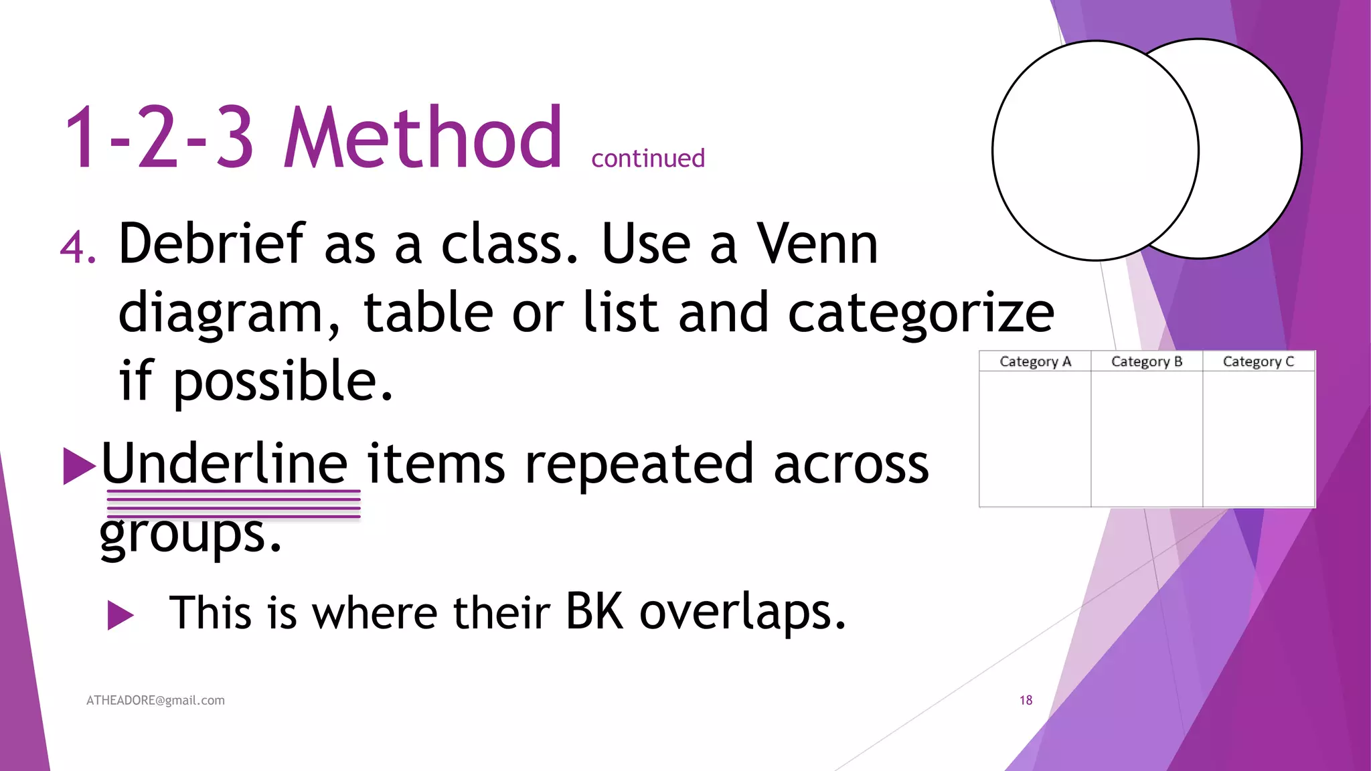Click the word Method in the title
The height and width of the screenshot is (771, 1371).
click(x=422, y=139)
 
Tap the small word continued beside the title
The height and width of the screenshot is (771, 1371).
click(x=647, y=159)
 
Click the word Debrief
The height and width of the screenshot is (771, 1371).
click(x=212, y=244)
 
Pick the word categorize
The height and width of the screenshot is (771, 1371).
click(x=920, y=313)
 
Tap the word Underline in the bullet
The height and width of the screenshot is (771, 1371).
click(x=224, y=464)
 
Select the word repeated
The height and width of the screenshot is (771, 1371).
click(x=639, y=464)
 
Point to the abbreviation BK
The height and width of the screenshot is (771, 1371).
click(x=594, y=612)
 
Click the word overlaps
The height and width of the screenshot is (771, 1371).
click(x=742, y=613)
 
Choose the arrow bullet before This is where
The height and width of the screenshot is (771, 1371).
click(x=120, y=615)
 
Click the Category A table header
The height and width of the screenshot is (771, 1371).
click(x=1035, y=361)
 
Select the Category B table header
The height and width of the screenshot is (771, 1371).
click(x=1147, y=361)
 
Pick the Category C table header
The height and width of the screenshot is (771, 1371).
click(x=1259, y=361)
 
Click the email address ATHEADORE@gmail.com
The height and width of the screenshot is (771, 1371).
click(x=155, y=700)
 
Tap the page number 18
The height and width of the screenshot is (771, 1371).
click(x=1026, y=700)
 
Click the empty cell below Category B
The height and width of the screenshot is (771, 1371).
click(x=1147, y=438)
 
